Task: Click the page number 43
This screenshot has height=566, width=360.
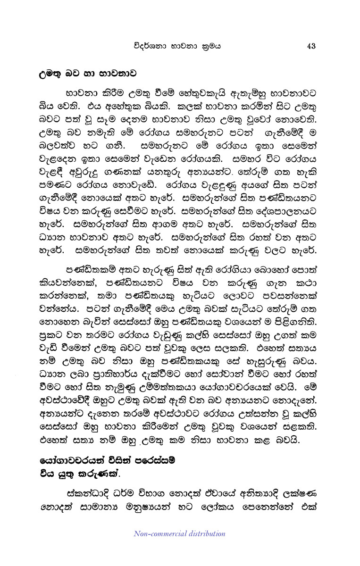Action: point(310,46)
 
